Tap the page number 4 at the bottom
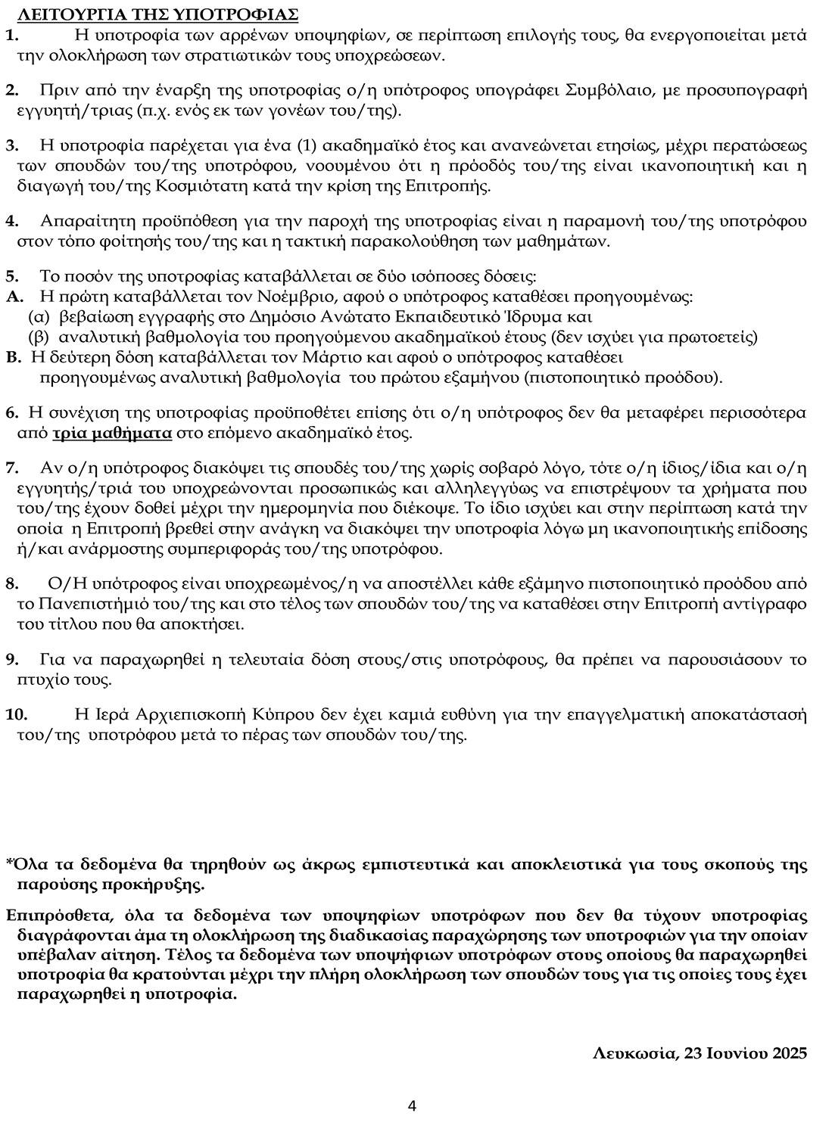(412, 1105)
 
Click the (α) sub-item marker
(39, 316)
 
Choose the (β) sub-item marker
(39, 337)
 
